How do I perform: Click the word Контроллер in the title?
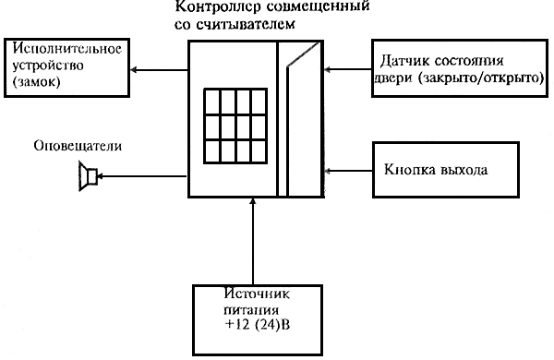tap(218, 6)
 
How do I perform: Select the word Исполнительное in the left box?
tap(67, 48)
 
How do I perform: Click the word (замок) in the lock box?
tap(36, 81)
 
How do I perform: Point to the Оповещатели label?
tap(78, 146)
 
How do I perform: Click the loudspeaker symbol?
tap(88, 176)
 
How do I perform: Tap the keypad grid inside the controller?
tap(235, 126)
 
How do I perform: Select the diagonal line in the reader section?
tap(303, 54)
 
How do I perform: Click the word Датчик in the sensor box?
tap(404, 61)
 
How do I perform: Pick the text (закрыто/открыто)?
tap(480, 78)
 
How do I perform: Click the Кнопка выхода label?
tap(436, 170)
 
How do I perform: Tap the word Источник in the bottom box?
tap(257, 294)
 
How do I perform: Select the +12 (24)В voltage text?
tap(258, 325)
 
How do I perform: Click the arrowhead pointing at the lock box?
tap(133, 69)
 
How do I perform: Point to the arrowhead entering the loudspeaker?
tap(100, 176)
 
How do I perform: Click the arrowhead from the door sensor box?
tap(328, 69)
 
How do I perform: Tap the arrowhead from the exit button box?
tap(328, 171)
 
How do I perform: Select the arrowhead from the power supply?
tap(252, 201)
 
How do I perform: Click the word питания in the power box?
tap(251, 310)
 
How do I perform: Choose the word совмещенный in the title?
tap(317, 6)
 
